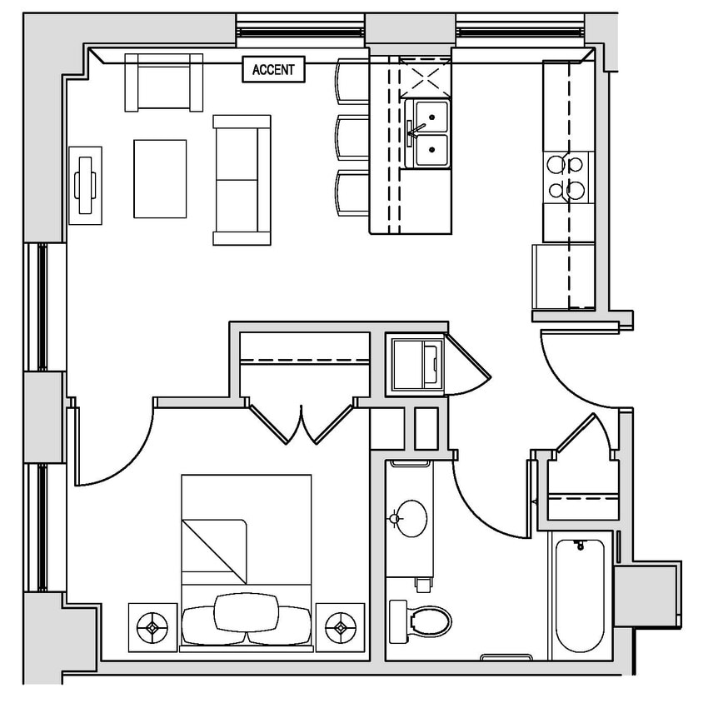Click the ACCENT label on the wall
pyautogui.click(x=273, y=70)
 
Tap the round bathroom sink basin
pyautogui.click(x=410, y=518)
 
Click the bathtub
pyautogui.click(x=580, y=595)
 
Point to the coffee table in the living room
pyautogui.click(x=160, y=178)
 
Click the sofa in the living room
pyautogui.click(x=242, y=180)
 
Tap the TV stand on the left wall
pyautogui.click(x=86, y=184)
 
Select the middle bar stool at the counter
pyautogui.click(x=351, y=137)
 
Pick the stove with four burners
pyautogui.click(x=568, y=177)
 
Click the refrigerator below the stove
pyautogui.click(x=564, y=275)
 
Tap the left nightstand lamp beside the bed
pyautogui.click(x=153, y=624)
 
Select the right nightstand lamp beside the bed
pyautogui.click(x=340, y=624)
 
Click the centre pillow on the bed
pyautogui.click(x=247, y=613)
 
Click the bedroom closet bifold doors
pyautogui.click(x=301, y=421)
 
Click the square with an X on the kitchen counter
pyautogui.click(x=425, y=77)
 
